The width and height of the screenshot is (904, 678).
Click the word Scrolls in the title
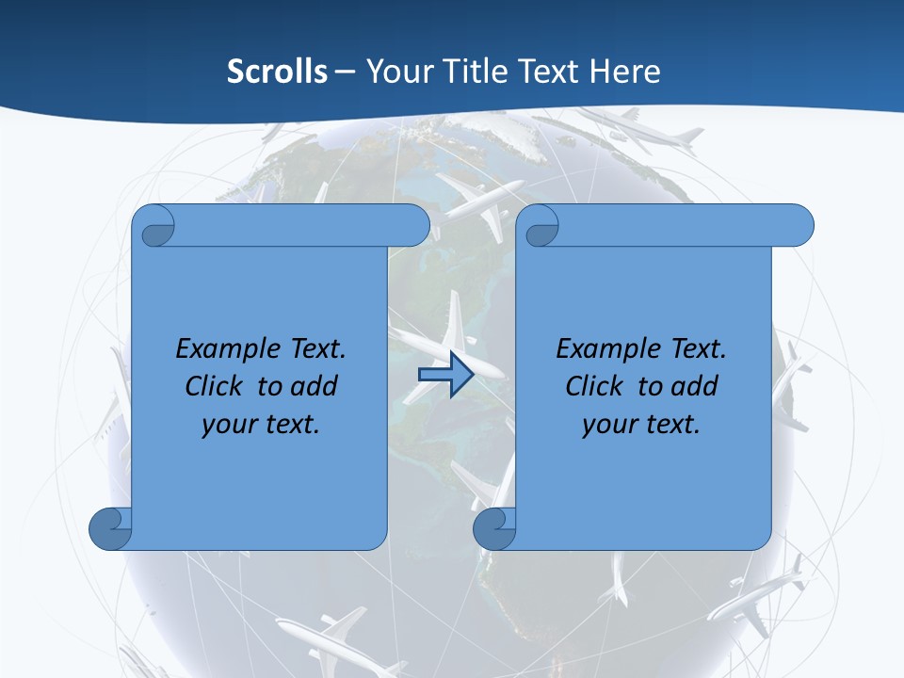point(277,72)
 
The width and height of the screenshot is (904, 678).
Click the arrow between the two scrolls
point(445,376)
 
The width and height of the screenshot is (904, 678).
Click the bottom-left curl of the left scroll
point(110,528)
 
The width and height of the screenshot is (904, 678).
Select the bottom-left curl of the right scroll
point(494,528)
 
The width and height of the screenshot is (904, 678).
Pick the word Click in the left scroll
point(213,386)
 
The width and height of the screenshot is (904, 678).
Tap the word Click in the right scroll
point(593,386)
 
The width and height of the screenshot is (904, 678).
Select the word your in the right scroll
point(608,425)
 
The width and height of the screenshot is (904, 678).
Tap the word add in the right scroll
point(693,386)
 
